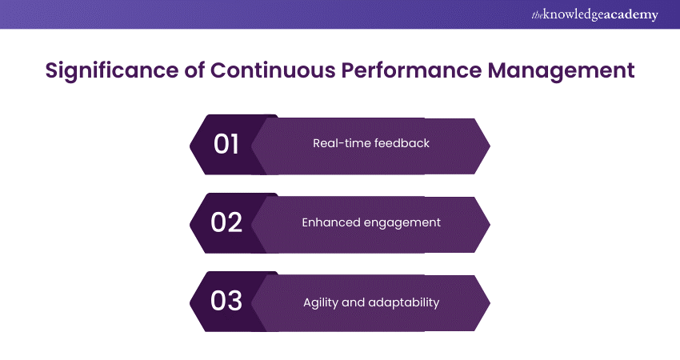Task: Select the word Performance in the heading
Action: [x=416, y=70]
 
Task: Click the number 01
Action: [x=226, y=144]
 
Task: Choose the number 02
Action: [x=226, y=222]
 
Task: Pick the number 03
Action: [x=226, y=302]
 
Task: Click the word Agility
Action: [x=322, y=302]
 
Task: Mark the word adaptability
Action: [x=405, y=302]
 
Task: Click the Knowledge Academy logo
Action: [x=593, y=15]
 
